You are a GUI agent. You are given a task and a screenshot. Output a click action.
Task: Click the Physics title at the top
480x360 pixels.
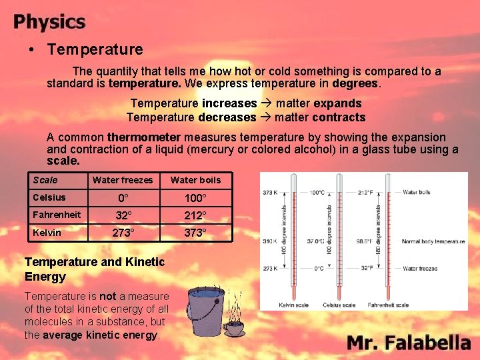49,22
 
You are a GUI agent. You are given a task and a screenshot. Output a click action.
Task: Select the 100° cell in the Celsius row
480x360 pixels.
195,199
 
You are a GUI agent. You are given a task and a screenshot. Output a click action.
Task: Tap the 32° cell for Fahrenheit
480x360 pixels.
123,216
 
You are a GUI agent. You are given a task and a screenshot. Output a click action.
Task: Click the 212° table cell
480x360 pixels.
195,216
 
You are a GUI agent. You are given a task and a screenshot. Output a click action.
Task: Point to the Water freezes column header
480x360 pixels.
123,180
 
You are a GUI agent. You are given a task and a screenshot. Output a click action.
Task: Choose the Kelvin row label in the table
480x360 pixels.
47,233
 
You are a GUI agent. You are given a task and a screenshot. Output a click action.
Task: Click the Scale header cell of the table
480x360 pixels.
45,180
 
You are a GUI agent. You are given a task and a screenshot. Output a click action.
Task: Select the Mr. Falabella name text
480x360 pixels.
409,343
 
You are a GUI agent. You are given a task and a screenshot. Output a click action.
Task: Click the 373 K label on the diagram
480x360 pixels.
269,193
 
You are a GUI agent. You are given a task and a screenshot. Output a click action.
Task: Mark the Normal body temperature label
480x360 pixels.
434,241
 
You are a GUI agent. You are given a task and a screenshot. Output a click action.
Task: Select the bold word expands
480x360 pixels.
337,103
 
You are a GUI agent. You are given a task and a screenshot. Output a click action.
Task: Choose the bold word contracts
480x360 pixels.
339,117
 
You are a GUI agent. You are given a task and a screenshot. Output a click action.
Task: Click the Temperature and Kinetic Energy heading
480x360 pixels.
94,269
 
